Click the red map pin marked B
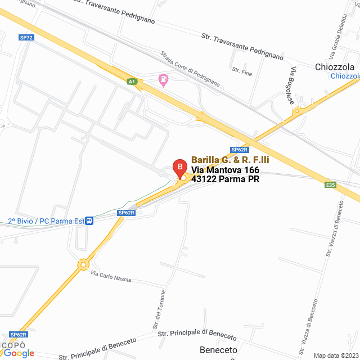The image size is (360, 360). (179, 168)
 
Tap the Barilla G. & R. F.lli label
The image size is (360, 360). (230, 160)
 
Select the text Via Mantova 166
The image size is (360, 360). (225, 170)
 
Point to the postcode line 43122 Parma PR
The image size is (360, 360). (225, 179)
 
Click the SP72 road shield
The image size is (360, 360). (26, 38)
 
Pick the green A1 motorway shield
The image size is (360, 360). (132, 82)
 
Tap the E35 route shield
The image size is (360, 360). (330, 184)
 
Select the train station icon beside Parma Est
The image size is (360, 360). (89, 221)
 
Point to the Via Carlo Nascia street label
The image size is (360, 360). (111, 276)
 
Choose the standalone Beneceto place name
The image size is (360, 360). (218, 350)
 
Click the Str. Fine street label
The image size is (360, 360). (242, 71)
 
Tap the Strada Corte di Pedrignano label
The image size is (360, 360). (190, 68)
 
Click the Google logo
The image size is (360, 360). (19, 353)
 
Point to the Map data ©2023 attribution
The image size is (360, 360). (335, 355)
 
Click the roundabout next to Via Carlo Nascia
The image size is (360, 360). (84, 264)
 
